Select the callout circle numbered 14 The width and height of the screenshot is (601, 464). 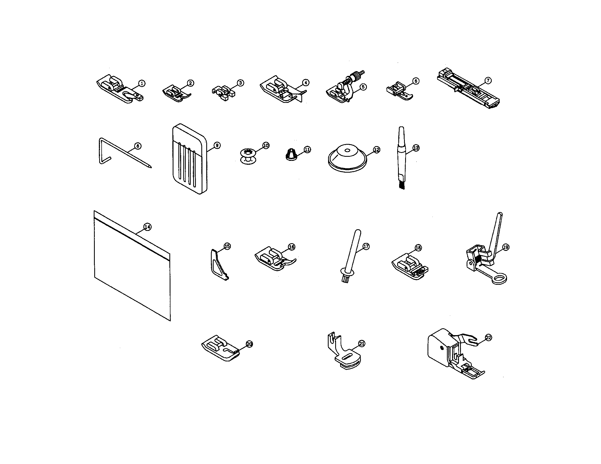tap(148, 227)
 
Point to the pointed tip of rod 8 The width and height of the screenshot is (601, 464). tap(150, 167)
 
